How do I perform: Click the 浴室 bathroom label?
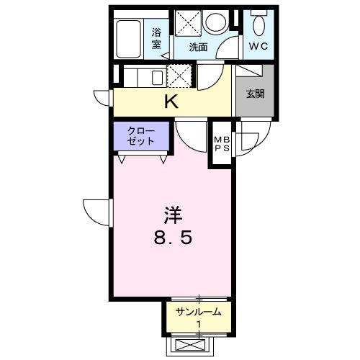point(156,38)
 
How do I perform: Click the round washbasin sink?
point(215,23)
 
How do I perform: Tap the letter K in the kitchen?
point(171,101)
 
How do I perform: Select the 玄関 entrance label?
point(254,94)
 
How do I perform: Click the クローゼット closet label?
point(141,135)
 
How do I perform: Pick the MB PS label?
point(220,144)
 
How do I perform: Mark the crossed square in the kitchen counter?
point(179,74)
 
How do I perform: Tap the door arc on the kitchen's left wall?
point(102,96)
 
